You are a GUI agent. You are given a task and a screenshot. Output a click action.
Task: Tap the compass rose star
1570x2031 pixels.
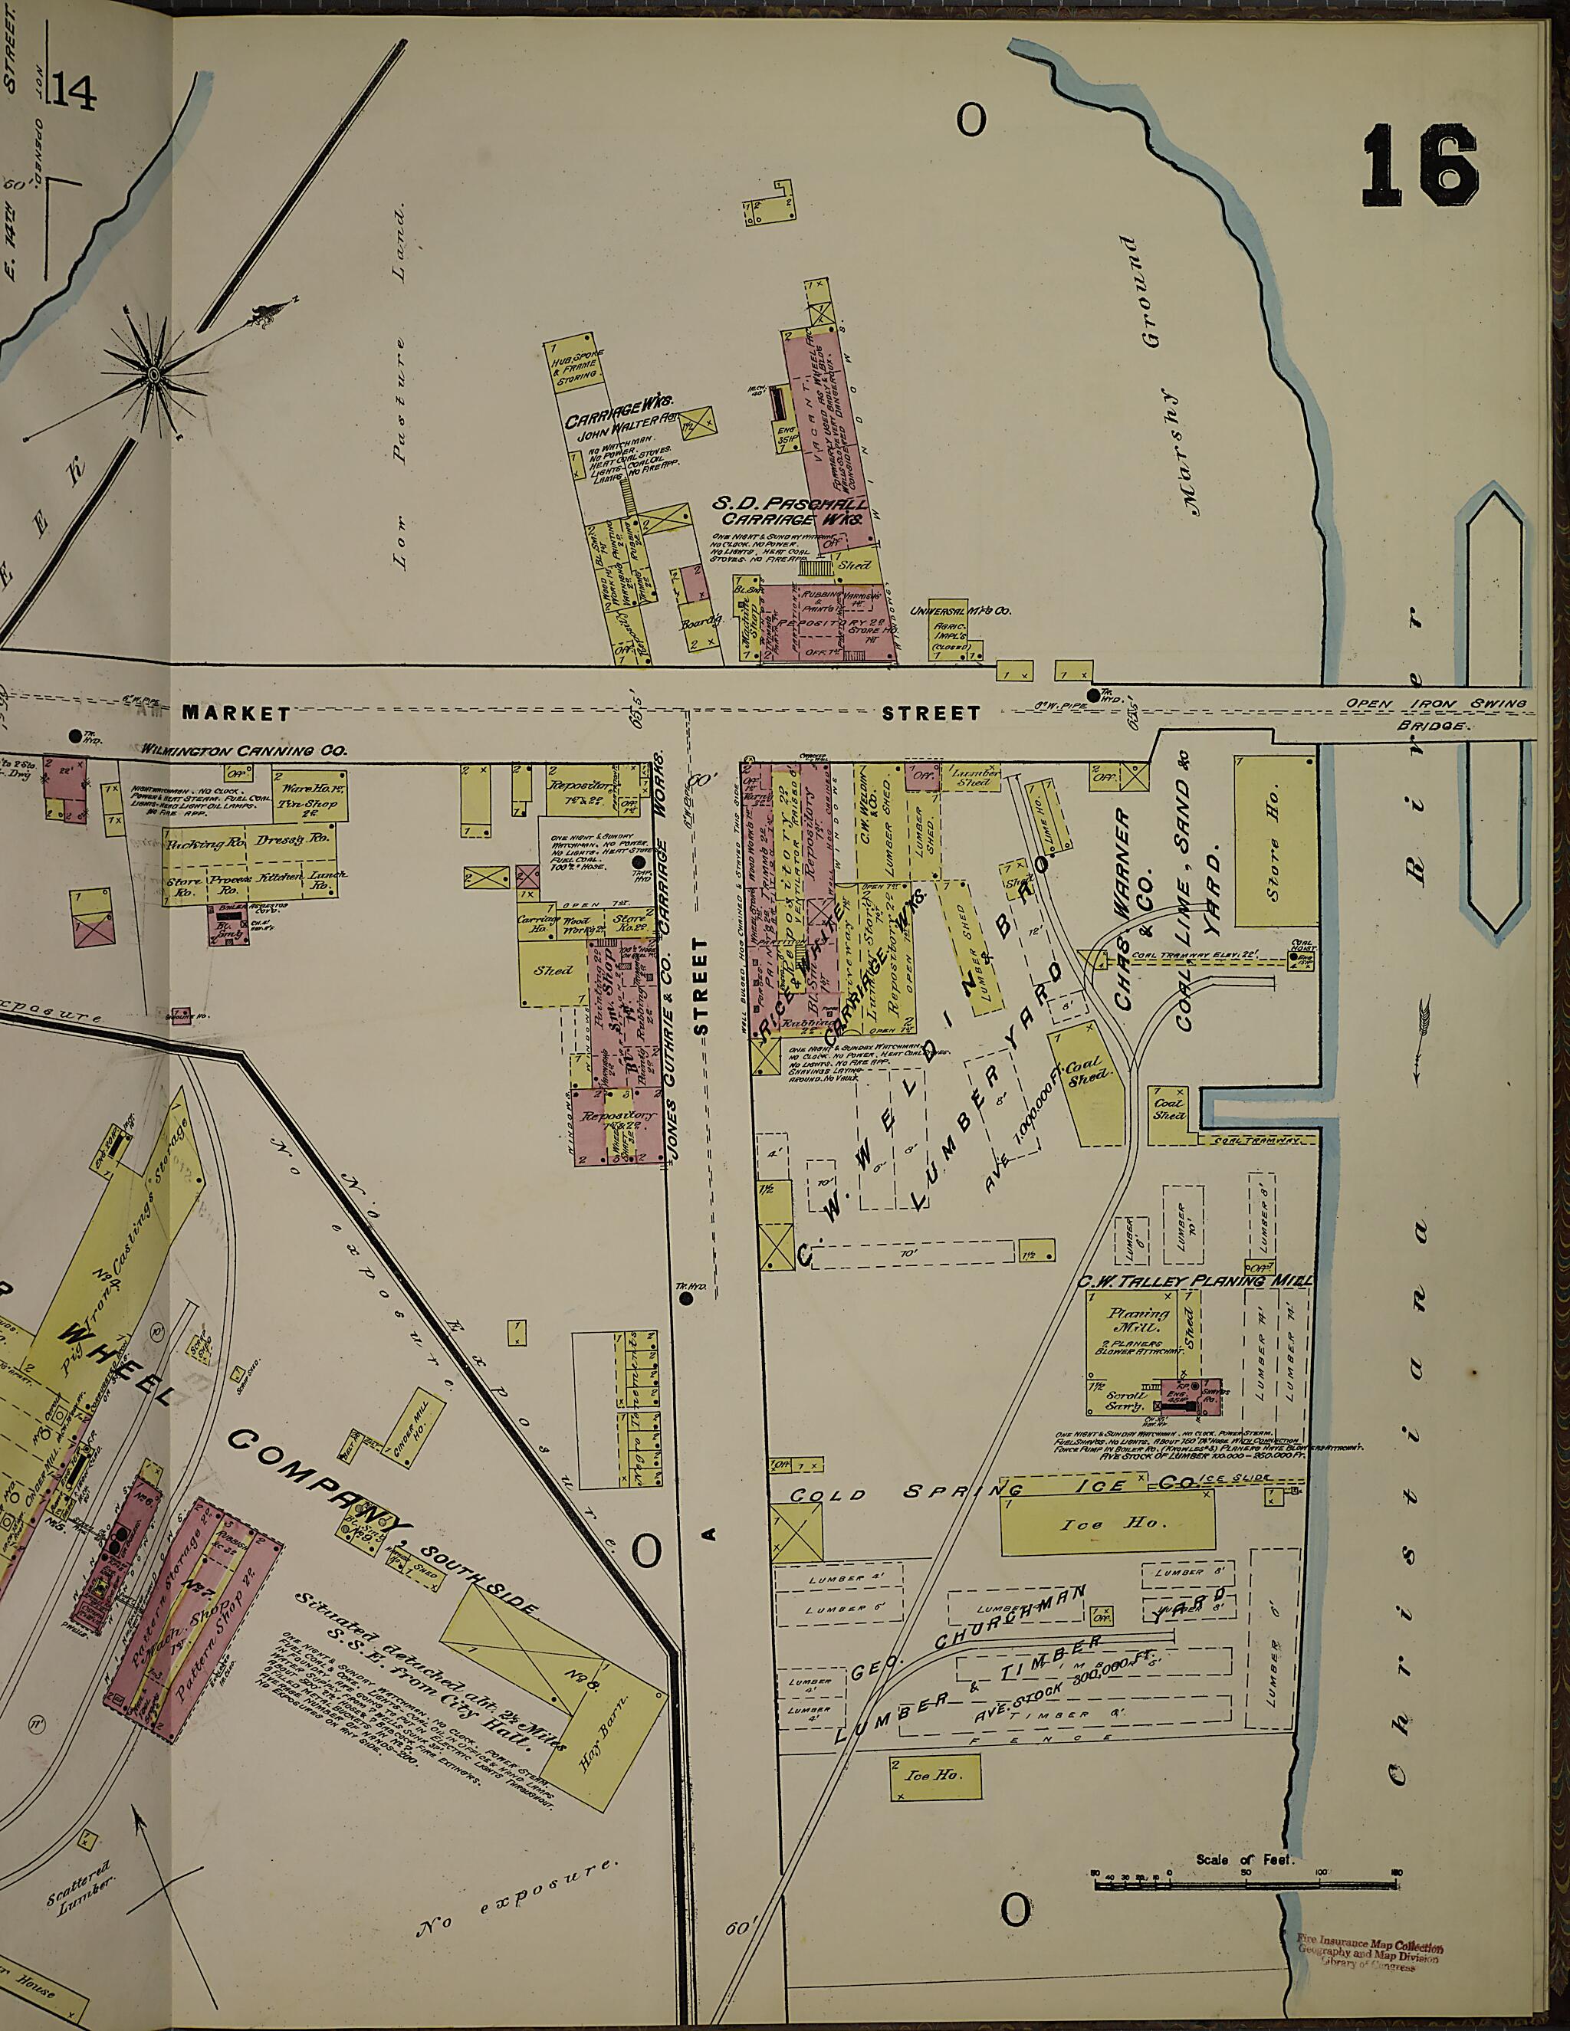[152, 373]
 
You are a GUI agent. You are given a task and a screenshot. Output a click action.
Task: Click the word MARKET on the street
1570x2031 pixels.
[235, 714]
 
